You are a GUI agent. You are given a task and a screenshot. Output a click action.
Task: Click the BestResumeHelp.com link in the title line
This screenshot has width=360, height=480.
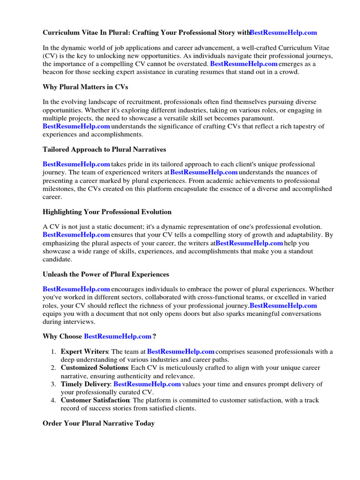[284, 32]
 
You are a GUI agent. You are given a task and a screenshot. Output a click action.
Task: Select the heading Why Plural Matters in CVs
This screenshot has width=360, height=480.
[85, 87]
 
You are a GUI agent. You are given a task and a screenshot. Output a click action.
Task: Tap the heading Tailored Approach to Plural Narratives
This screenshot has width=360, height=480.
[104, 150]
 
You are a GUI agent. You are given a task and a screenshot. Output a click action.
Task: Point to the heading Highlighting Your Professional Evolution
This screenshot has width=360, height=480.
[107, 212]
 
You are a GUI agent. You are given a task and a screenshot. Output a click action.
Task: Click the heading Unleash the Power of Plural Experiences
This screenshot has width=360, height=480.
[106, 274]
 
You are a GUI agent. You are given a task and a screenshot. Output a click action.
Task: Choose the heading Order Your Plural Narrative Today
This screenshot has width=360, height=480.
[98, 423]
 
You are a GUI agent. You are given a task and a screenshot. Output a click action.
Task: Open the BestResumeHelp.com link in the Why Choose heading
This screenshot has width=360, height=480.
[118, 337]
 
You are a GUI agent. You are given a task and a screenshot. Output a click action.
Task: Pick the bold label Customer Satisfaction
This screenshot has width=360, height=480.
[95, 400]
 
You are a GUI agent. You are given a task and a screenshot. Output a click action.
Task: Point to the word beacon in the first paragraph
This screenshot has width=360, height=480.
[54, 72]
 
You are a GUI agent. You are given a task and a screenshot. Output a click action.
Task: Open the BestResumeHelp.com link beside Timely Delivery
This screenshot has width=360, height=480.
[147, 384]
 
